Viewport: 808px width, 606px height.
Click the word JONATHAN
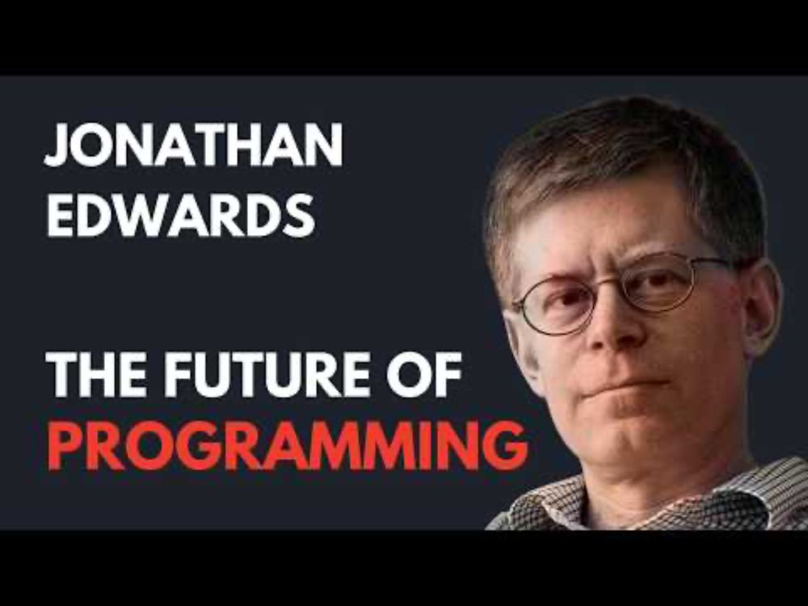(194, 147)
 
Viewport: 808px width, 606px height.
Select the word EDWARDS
(180, 216)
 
